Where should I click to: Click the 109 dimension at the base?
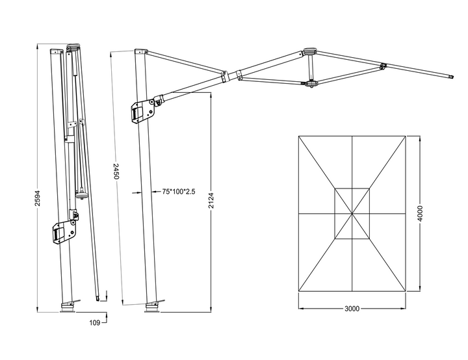click(94, 322)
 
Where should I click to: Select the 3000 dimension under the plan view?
click(352, 309)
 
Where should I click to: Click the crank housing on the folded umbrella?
click(63, 231)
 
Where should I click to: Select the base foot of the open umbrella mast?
click(152, 308)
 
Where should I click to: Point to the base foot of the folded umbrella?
click(68, 307)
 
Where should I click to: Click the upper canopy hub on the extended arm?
click(309, 51)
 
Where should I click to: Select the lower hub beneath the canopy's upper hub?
click(311, 84)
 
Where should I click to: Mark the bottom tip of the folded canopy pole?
click(99, 300)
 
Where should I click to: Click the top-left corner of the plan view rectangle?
click(298, 135)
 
